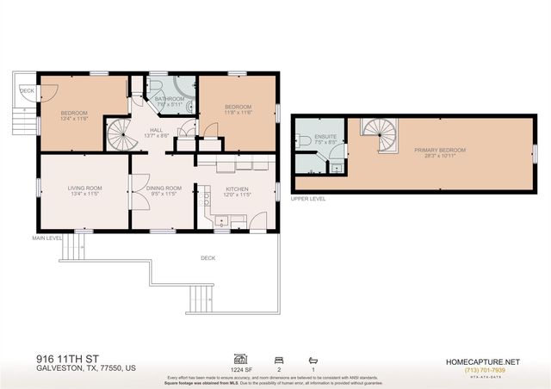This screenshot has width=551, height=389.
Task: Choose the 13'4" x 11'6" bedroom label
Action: (76, 114)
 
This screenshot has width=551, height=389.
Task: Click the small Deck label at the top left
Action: (28, 89)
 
